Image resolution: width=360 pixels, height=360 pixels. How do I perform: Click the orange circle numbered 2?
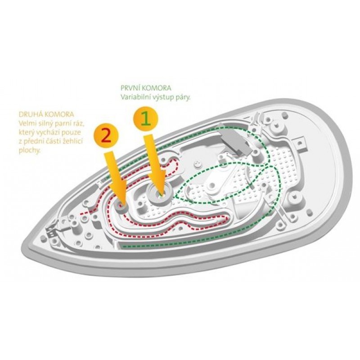[x=106, y=137]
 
